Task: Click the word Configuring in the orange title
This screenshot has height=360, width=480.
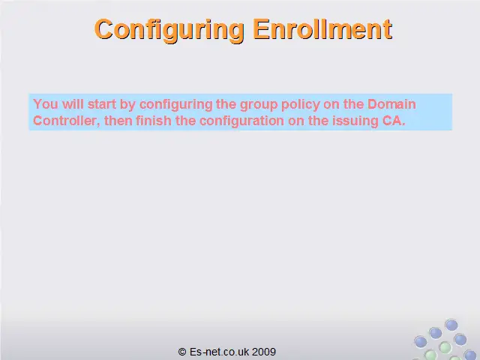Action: [x=169, y=30]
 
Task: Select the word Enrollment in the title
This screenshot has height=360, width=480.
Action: [x=322, y=29]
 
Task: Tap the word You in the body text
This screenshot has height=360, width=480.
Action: [x=46, y=104]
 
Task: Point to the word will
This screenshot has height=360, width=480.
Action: [x=73, y=104]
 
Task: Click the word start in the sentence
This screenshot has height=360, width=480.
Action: [x=102, y=104]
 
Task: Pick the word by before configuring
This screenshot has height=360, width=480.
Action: [x=127, y=105]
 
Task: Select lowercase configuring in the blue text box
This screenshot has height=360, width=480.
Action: [x=176, y=105]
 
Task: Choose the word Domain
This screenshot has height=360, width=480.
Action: [x=391, y=104]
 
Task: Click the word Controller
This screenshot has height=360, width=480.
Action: [x=64, y=121]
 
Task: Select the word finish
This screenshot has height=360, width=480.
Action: [x=154, y=121]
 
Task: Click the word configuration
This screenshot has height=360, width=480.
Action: [x=241, y=121]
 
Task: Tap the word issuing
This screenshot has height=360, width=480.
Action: [x=355, y=121]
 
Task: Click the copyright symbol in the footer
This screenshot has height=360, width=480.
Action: [x=182, y=352]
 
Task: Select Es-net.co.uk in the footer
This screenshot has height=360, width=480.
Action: [x=219, y=352]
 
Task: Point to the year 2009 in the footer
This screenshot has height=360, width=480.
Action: [x=264, y=352]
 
